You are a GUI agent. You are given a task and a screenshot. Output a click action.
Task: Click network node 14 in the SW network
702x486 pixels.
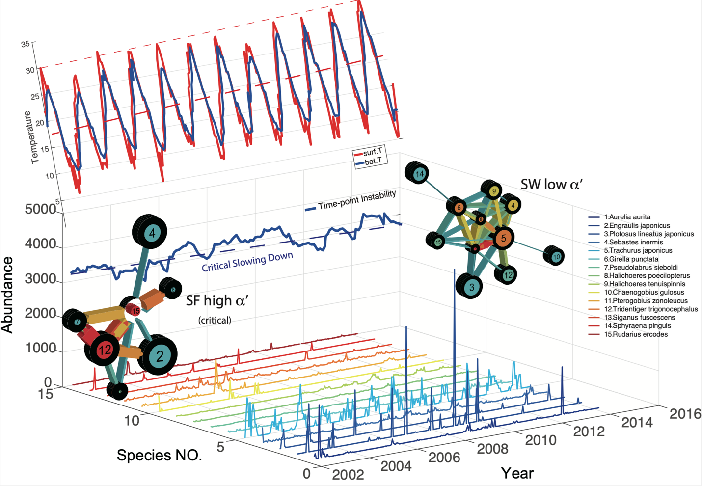coord(419,173)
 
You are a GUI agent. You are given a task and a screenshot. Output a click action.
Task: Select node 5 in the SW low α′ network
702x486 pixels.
coord(503,239)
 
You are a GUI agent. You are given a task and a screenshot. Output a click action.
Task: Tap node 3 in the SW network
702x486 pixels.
coord(471,287)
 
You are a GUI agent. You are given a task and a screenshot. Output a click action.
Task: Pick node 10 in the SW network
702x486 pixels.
coord(556,256)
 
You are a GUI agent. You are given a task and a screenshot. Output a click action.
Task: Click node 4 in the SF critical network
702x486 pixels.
coord(152,233)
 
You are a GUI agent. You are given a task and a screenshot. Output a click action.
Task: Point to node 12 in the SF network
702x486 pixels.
coord(105,350)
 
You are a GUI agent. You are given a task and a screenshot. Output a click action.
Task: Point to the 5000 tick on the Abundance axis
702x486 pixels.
coord(40,210)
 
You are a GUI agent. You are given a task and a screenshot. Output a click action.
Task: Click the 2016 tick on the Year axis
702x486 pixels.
coord(685,414)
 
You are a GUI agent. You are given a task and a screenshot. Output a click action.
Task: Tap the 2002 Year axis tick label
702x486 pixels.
coord(348,474)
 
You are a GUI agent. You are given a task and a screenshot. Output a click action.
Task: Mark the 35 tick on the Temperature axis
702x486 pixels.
coord(25,44)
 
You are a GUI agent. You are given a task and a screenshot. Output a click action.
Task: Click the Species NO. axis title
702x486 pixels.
coord(159,455)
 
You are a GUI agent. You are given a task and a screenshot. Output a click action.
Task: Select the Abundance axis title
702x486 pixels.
coord(8,295)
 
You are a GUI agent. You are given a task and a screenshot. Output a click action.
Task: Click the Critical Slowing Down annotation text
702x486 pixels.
coord(247,261)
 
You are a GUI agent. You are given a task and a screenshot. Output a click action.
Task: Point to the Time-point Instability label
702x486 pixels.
coord(356,200)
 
